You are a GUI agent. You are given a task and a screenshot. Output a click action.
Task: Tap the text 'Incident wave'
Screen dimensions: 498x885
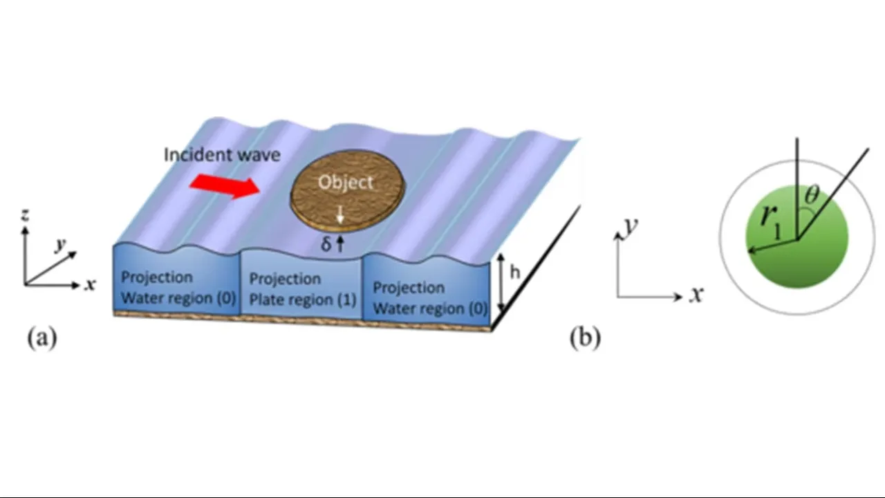coord(222,154)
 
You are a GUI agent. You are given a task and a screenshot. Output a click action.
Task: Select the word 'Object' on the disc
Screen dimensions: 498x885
coord(345,183)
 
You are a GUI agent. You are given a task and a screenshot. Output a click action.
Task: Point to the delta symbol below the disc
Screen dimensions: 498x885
coord(326,244)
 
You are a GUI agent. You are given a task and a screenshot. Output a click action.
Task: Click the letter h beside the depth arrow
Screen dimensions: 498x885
coord(514,273)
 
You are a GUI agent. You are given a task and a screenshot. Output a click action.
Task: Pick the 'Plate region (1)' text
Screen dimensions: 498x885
coord(302,300)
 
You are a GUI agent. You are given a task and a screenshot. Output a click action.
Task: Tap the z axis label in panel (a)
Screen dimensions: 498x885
coord(25,216)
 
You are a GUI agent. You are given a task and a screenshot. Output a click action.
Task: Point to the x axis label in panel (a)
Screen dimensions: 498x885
coord(90,284)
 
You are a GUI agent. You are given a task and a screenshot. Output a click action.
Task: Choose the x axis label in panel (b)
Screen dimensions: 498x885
coord(696,295)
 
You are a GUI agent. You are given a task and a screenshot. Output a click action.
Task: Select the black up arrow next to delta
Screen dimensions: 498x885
coord(339,243)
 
